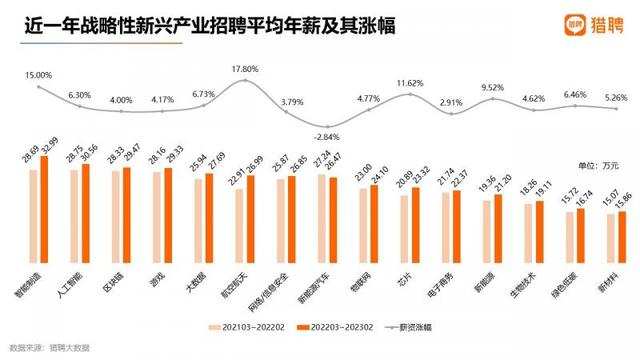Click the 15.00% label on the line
(38, 75)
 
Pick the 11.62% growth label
(411, 82)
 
